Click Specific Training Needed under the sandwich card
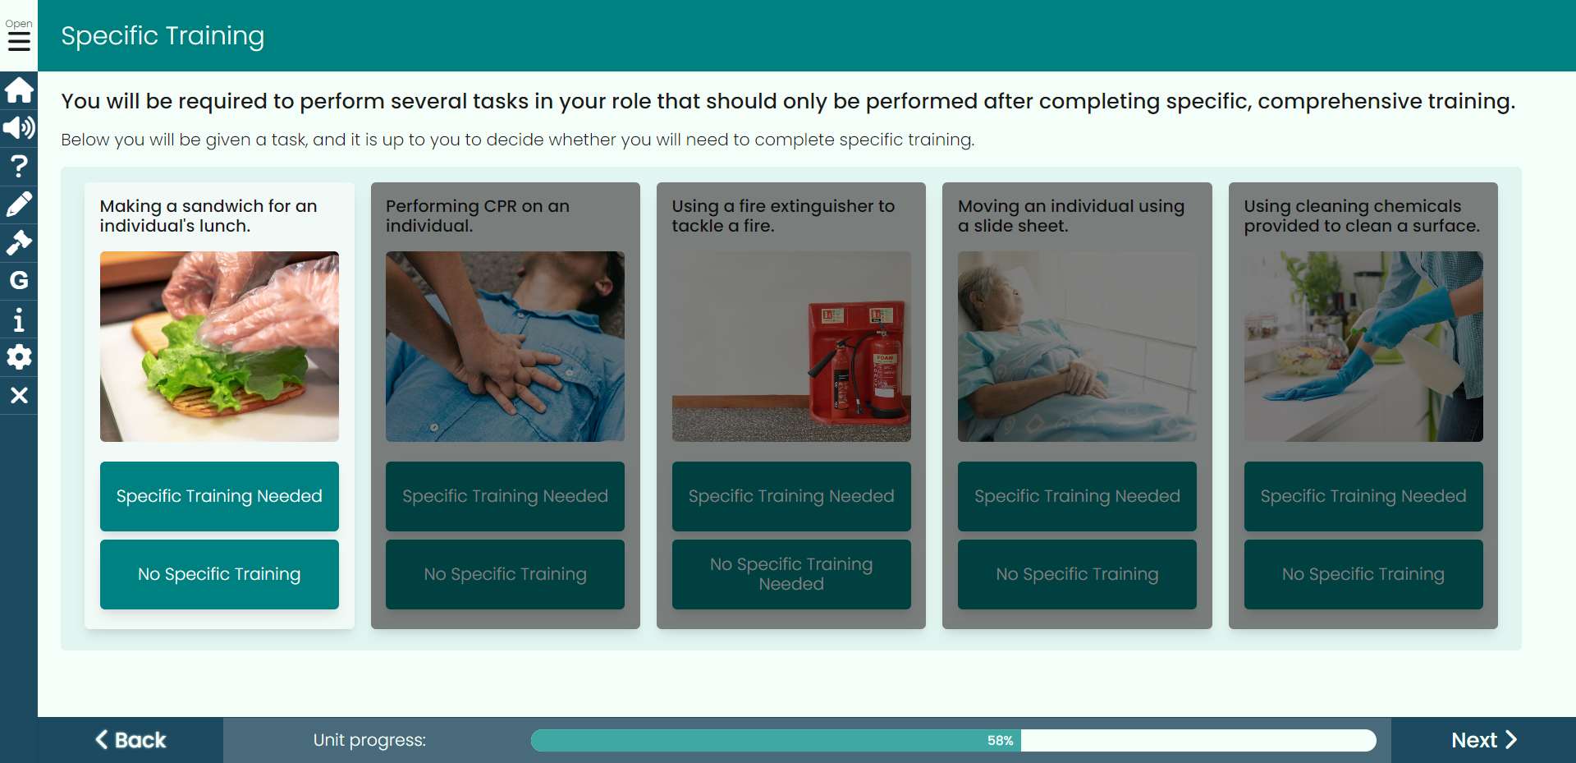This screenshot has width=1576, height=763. (x=219, y=496)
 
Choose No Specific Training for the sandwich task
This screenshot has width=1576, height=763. (x=219, y=574)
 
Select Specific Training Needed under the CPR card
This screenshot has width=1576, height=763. (x=505, y=496)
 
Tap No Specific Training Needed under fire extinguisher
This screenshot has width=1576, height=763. (x=791, y=574)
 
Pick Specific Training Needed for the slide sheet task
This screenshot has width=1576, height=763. (x=1077, y=496)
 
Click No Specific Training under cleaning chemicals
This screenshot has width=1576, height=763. (x=1363, y=574)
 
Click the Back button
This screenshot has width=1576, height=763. (x=131, y=740)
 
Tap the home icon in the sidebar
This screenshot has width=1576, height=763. (x=19, y=90)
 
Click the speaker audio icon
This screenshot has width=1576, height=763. (x=19, y=127)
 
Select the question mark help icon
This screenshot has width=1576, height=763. (x=19, y=166)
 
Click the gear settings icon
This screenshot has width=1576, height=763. (x=19, y=357)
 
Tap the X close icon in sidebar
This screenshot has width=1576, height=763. (x=19, y=395)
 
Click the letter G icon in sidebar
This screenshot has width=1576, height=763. (x=19, y=280)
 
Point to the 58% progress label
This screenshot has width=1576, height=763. (x=1000, y=740)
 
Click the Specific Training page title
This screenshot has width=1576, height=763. (x=163, y=35)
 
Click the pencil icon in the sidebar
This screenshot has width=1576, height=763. (x=19, y=204)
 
